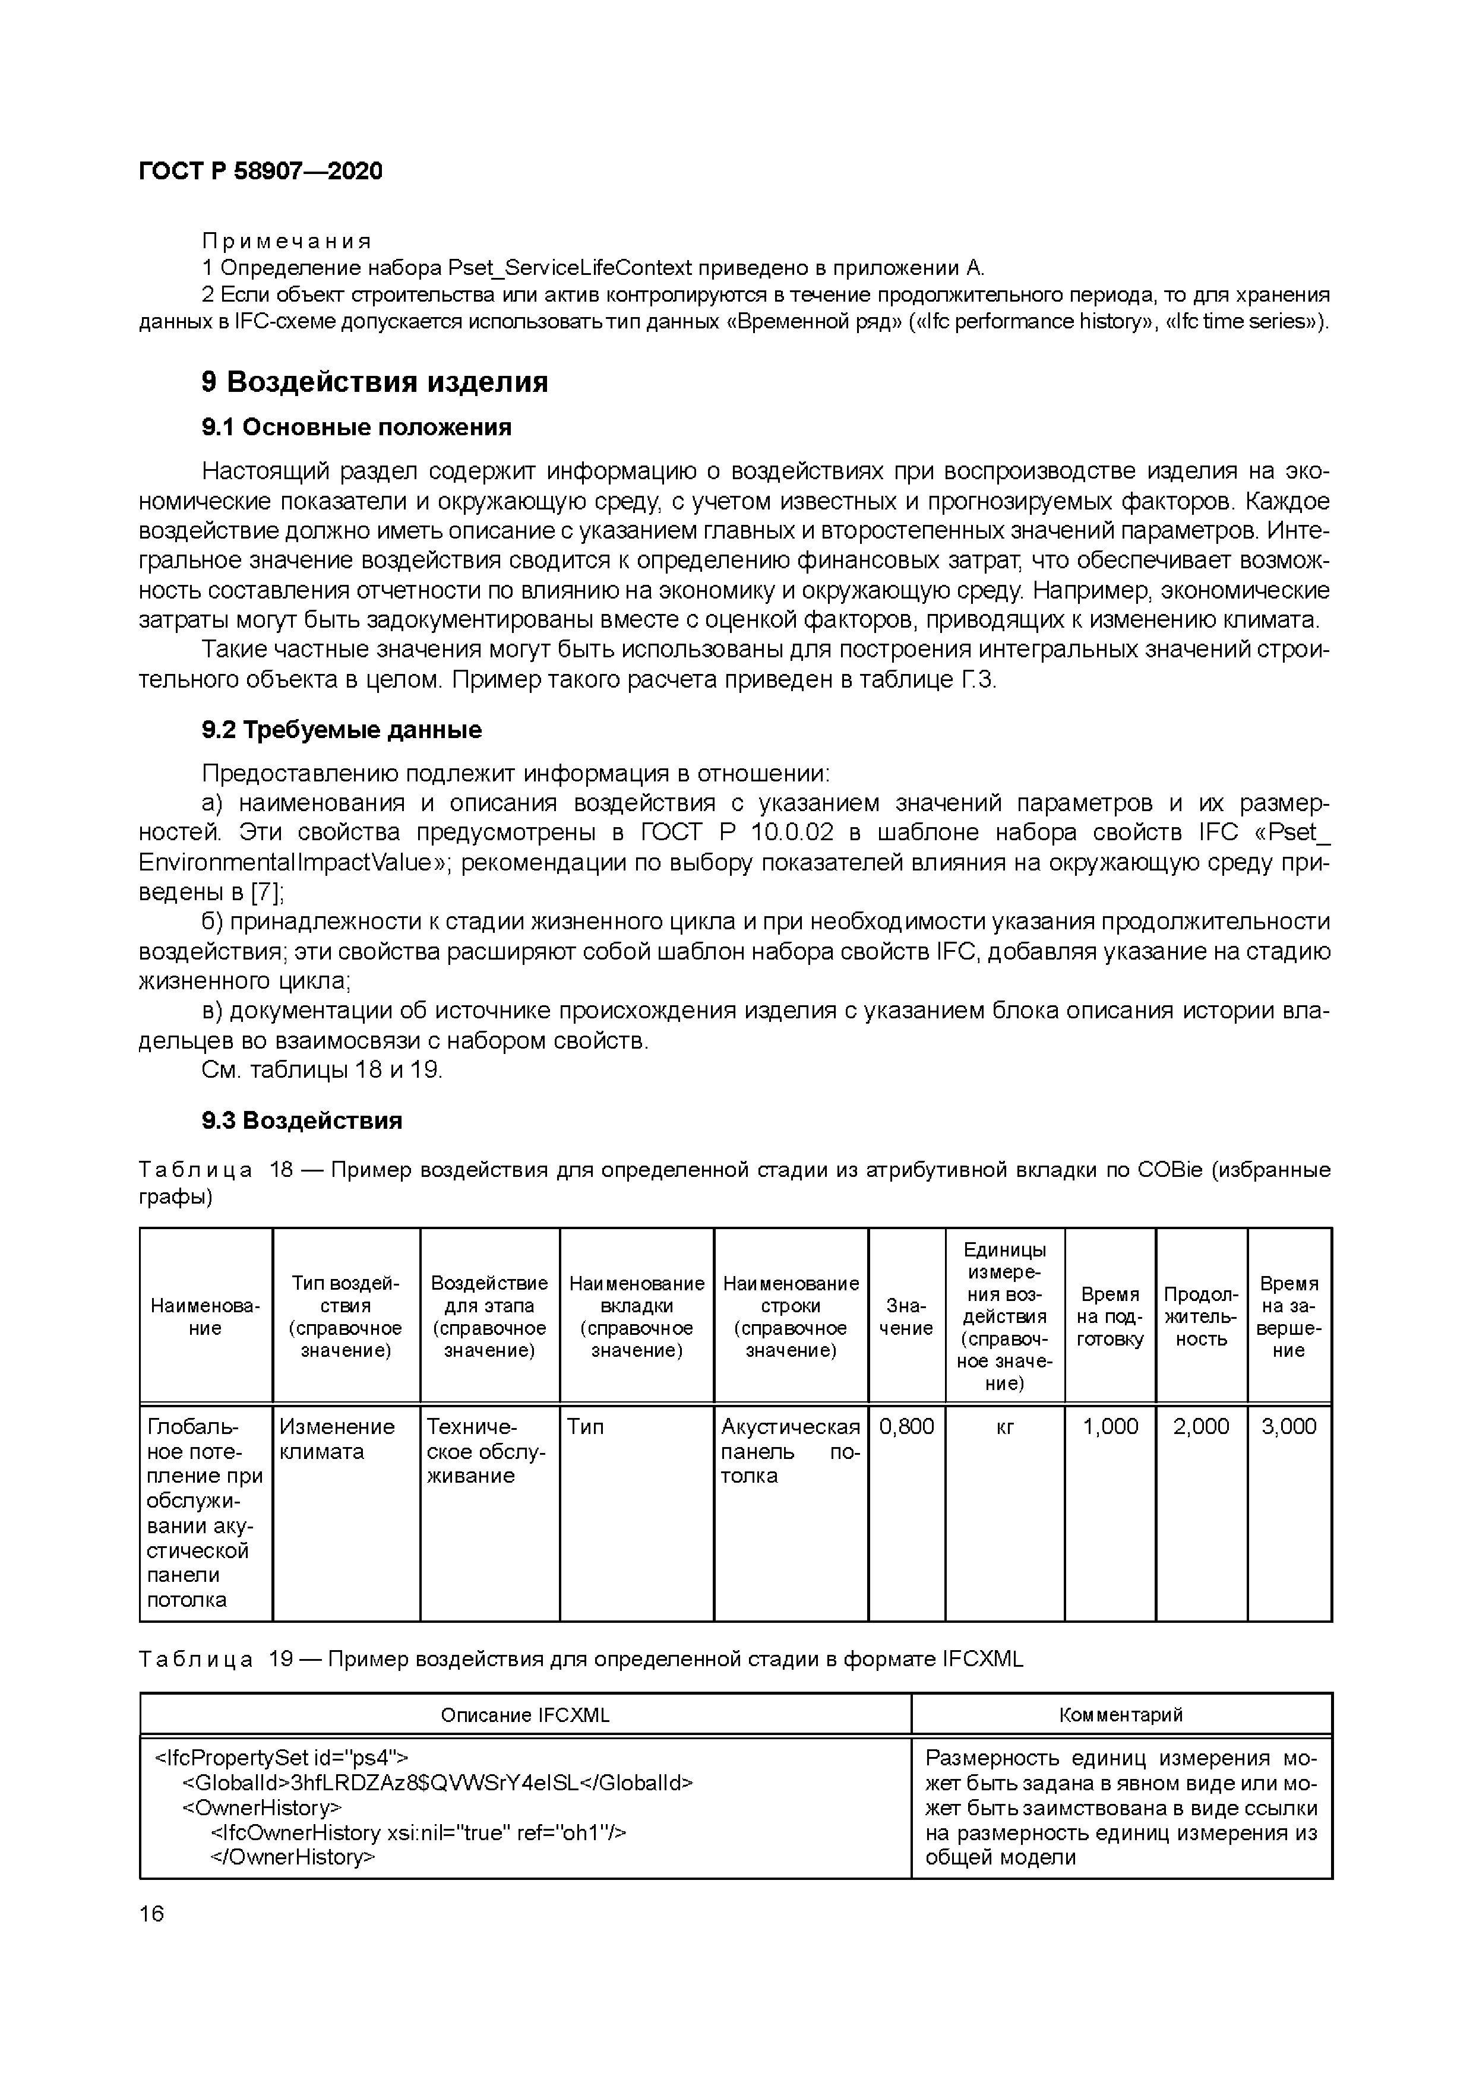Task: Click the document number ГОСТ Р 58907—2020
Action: (x=261, y=170)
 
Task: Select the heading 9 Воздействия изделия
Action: (x=374, y=382)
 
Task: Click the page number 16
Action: (x=151, y=1913)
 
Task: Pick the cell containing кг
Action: (x=1005, y=1426)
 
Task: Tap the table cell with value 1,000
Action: (x=1110, y=1426)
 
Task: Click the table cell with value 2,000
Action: (x=1201, y=1426)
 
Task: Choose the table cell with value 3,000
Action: (x=1289, y=1426)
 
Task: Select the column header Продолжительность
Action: (x=1201, y=1316)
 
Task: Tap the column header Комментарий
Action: (x=1121, y=1715)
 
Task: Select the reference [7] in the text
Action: (x=266, y=892)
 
